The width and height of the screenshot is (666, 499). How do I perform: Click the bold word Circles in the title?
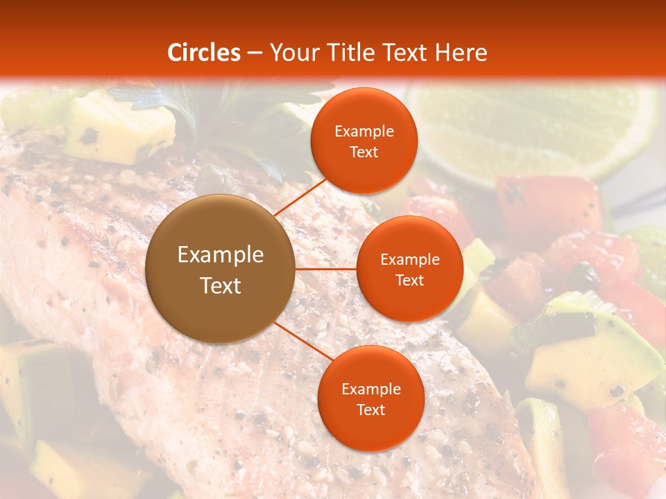204,53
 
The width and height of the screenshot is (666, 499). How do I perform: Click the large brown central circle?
221,269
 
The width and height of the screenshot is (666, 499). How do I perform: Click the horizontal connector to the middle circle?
325,269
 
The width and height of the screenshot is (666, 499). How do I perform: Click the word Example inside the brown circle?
221,255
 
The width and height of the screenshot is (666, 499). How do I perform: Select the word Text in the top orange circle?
364,152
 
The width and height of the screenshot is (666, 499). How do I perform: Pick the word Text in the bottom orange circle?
370,410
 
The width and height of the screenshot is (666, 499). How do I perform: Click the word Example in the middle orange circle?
409,260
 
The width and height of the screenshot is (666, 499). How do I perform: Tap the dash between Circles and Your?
255,53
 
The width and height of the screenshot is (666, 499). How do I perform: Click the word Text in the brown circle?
221,286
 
